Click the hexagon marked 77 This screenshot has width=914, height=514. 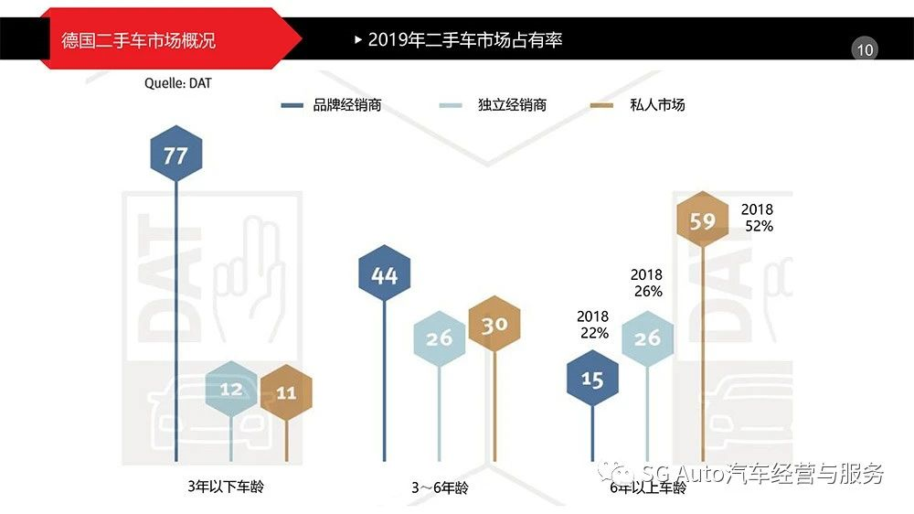tap(175, 155)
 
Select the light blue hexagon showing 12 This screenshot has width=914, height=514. tap(231, 390)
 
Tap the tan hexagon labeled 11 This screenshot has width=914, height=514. tap(286, 392)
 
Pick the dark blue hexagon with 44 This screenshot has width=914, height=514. tap(385, 274)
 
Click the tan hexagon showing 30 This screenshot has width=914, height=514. tap(494, 325)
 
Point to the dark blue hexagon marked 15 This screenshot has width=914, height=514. tap(592, 379)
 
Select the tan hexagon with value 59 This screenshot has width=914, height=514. tap(703, 220)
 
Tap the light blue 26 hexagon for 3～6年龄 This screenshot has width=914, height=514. tap(440, 337)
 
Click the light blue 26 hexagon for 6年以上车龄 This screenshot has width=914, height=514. tap(647, 338)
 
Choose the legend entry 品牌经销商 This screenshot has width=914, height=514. tap(345, 105)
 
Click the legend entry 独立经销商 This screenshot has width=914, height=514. tap(512, 105)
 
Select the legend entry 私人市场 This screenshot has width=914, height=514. tap(656, 105)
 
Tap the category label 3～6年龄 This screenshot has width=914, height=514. tap(440, 488)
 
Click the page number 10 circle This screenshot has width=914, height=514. tap(865, 49)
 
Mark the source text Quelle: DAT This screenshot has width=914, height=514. tap(184, 83)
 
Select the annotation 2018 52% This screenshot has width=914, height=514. tap(757, 218)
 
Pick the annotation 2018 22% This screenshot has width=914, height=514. tap(593, 325)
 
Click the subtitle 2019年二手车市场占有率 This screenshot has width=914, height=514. tap(464, 40)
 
